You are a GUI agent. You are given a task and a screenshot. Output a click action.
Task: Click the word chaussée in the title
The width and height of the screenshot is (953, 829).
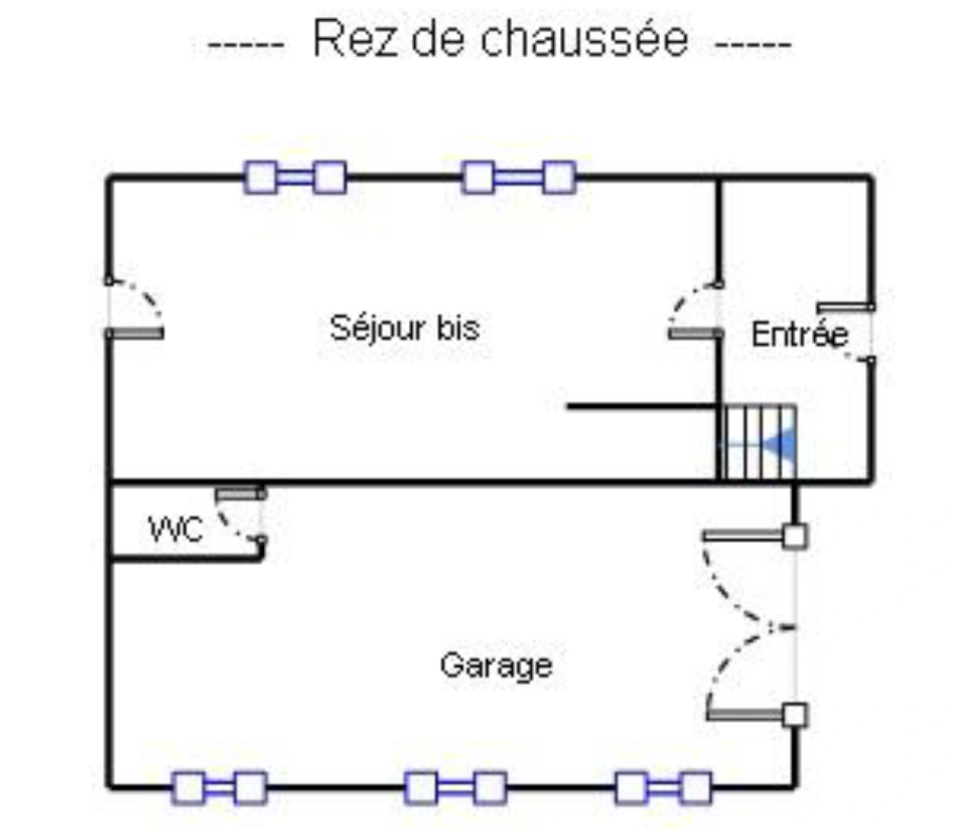pos(584,38)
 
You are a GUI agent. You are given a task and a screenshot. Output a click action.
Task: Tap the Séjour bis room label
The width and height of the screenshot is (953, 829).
pos(404,328)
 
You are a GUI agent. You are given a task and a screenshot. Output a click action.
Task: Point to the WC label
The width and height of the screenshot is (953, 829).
pos(176,529)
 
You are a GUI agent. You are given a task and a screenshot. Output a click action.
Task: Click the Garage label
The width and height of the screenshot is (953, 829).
pos(496,666)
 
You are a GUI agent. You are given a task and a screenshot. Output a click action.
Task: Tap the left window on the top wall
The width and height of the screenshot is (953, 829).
pos(295,177)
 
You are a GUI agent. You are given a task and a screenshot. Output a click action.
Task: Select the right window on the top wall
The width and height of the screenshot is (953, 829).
pos(519,177)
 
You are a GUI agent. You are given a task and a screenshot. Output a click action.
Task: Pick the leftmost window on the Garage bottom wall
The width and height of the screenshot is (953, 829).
pos(220,788)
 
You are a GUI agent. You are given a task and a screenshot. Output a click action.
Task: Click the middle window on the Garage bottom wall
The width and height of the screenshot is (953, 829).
pos(456,788)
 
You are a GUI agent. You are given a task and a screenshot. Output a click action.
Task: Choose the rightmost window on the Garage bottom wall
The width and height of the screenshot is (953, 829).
pos(664,788)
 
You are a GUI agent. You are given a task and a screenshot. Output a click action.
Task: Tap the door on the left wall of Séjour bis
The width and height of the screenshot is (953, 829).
pos(134,333)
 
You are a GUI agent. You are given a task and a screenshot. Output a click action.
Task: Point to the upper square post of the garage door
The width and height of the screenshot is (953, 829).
pos(795,536)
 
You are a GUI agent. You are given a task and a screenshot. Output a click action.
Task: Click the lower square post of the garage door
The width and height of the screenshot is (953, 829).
pos(795,715)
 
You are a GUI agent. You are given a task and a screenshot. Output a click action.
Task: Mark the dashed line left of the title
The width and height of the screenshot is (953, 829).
pos(246,45)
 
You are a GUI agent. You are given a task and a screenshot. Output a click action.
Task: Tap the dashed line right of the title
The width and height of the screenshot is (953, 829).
pos(753,45)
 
